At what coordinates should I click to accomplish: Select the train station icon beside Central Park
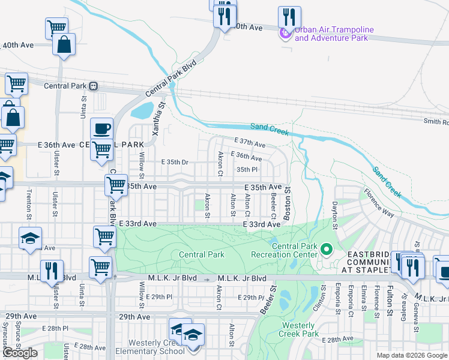[94, 86]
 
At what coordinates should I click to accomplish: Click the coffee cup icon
[101, 128]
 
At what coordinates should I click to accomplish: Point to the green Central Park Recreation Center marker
[326, 248]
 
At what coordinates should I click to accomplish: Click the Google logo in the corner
[20, 353]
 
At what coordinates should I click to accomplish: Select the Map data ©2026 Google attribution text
[412, 355]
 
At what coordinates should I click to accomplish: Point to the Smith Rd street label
[436, 121]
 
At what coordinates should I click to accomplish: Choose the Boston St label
[288, 203]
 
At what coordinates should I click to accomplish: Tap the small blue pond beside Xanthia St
[142, 110]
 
